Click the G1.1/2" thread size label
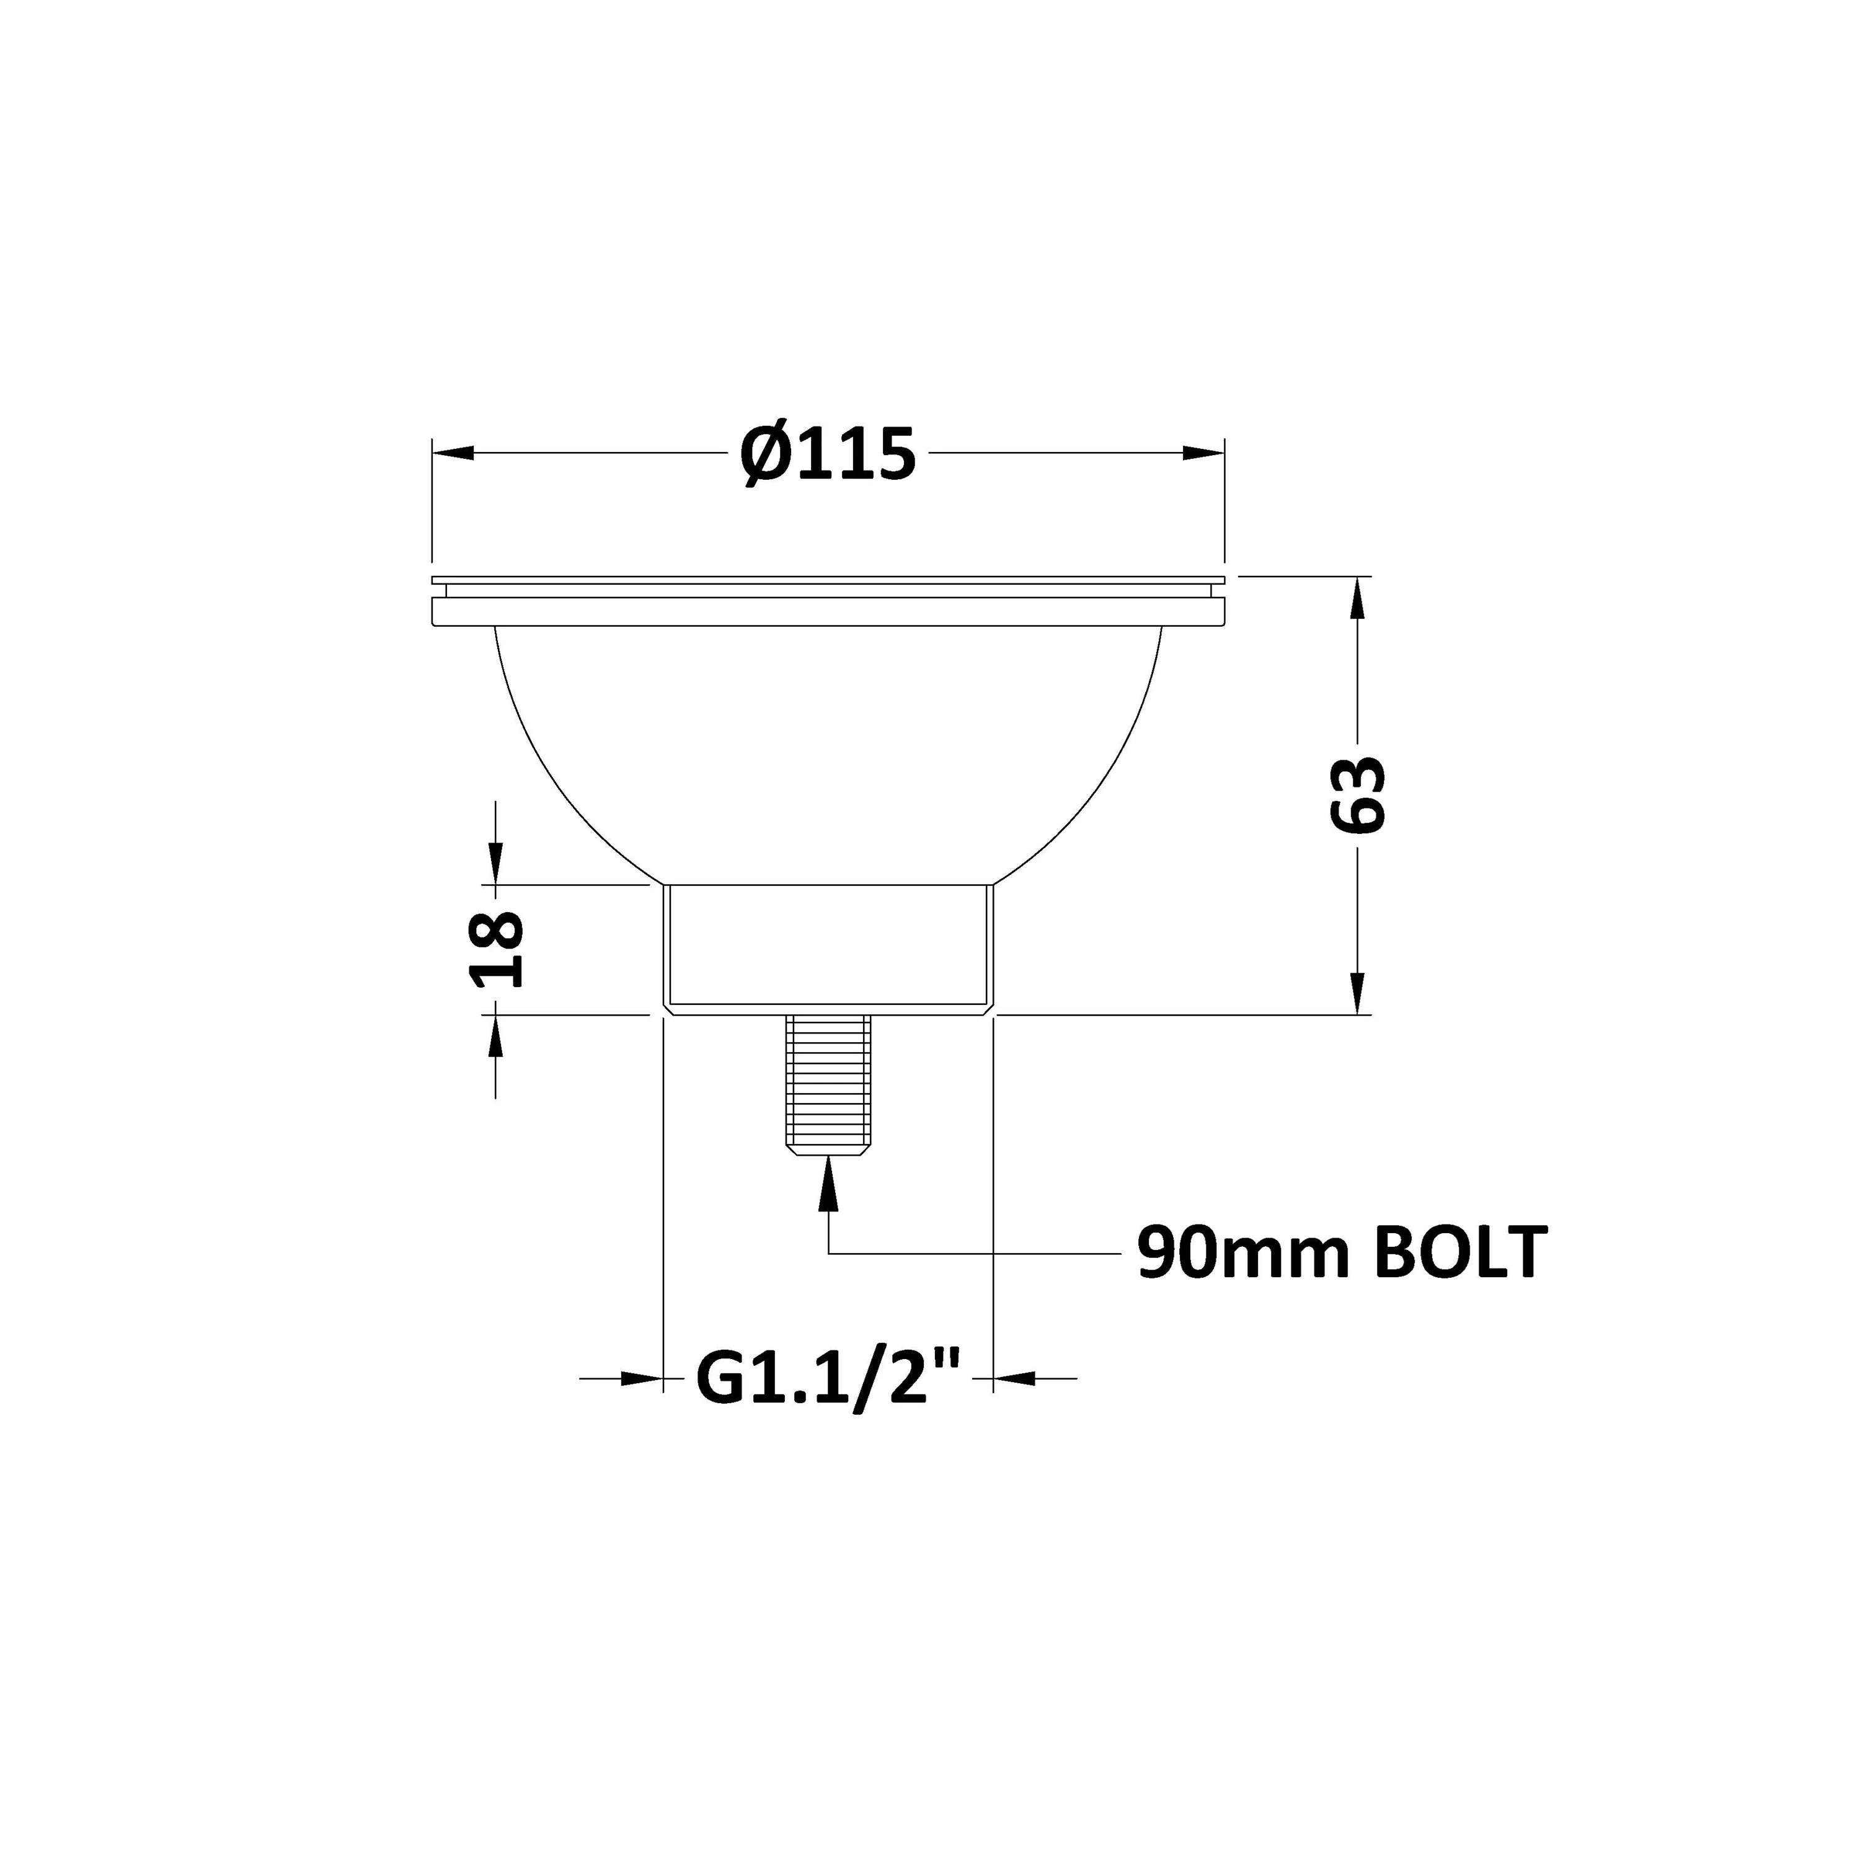point(828,1379)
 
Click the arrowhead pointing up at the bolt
point(828,1183)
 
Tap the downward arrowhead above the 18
point(496,862)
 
